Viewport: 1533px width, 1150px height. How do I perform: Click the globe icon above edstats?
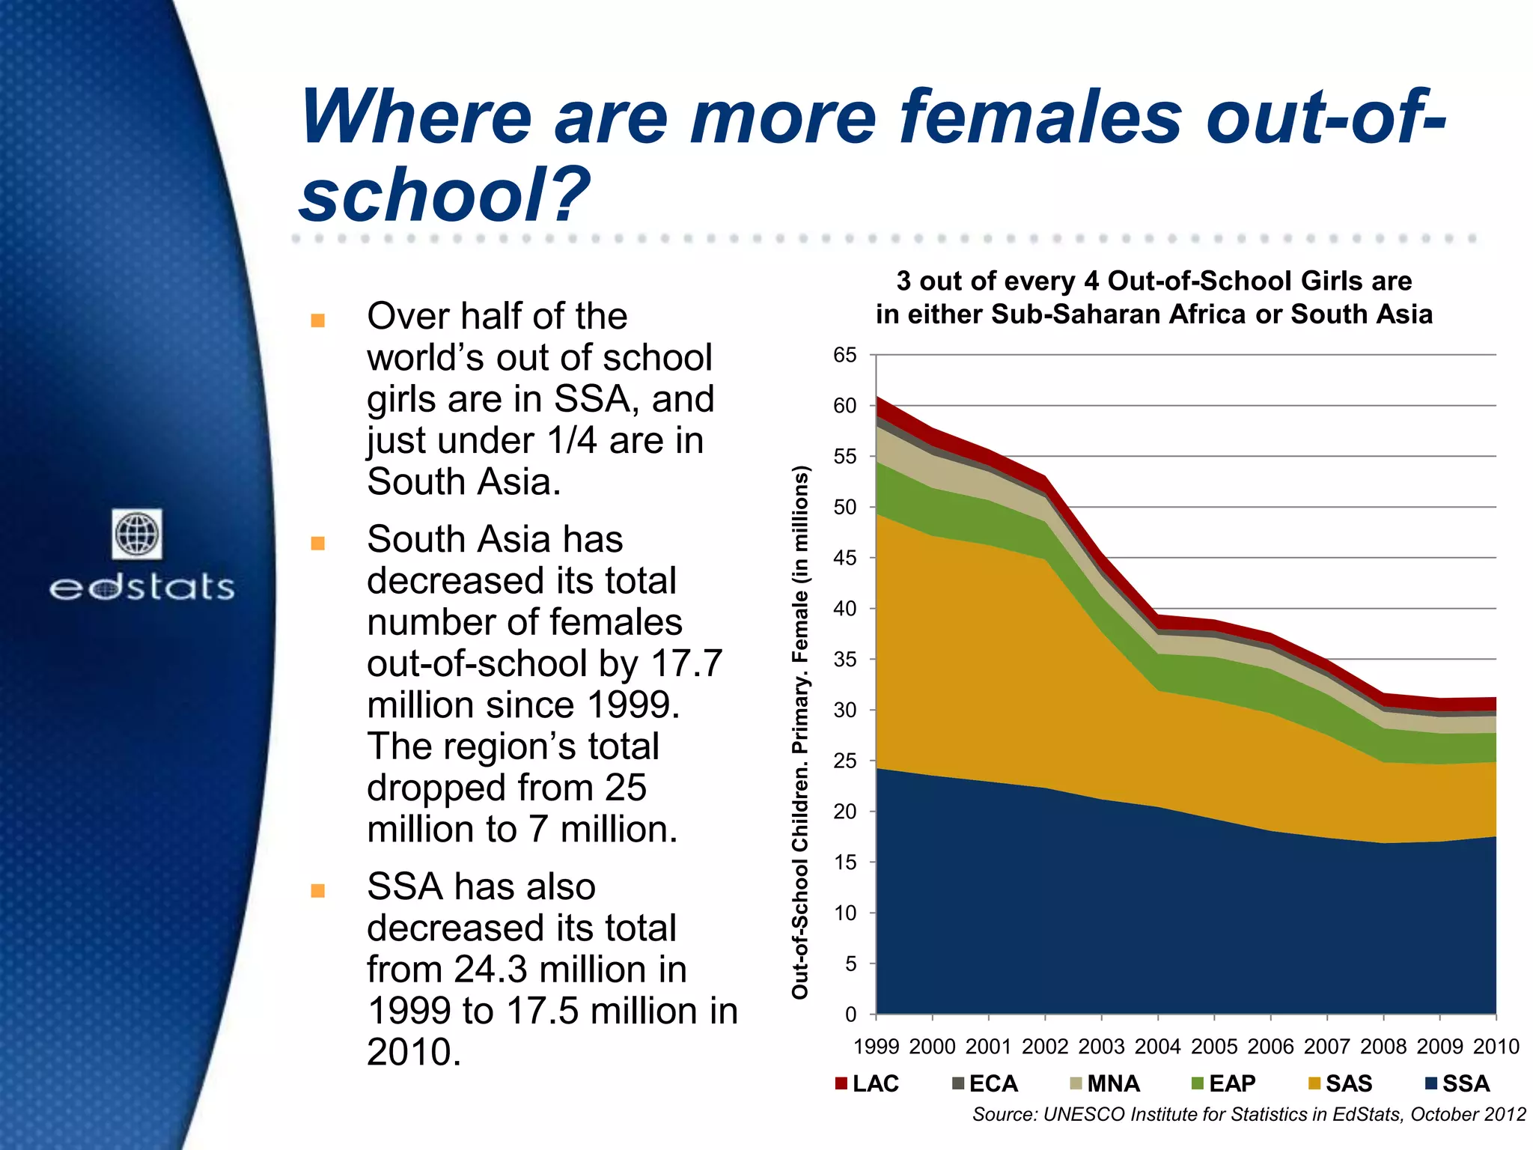[137, 534]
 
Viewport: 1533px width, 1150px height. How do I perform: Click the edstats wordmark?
[142, 587]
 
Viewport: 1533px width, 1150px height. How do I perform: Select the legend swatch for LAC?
[841, 1083]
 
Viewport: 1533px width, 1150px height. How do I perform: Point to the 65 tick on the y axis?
[844, 356]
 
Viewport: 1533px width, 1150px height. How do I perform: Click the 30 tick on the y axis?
[844, 711]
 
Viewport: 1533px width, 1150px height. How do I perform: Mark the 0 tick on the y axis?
[850, 1015]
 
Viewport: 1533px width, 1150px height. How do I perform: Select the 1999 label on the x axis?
[876, 1047]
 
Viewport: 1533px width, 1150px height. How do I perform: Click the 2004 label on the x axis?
[1158, 1047]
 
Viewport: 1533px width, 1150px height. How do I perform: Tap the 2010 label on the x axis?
[1496, 1047]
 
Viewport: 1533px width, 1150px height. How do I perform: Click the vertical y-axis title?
[800, 731]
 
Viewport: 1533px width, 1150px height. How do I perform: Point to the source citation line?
[1249, 1115]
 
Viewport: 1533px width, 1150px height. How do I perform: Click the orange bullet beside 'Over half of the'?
[317, 320]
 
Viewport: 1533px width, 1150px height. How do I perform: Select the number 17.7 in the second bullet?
[686, 663]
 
